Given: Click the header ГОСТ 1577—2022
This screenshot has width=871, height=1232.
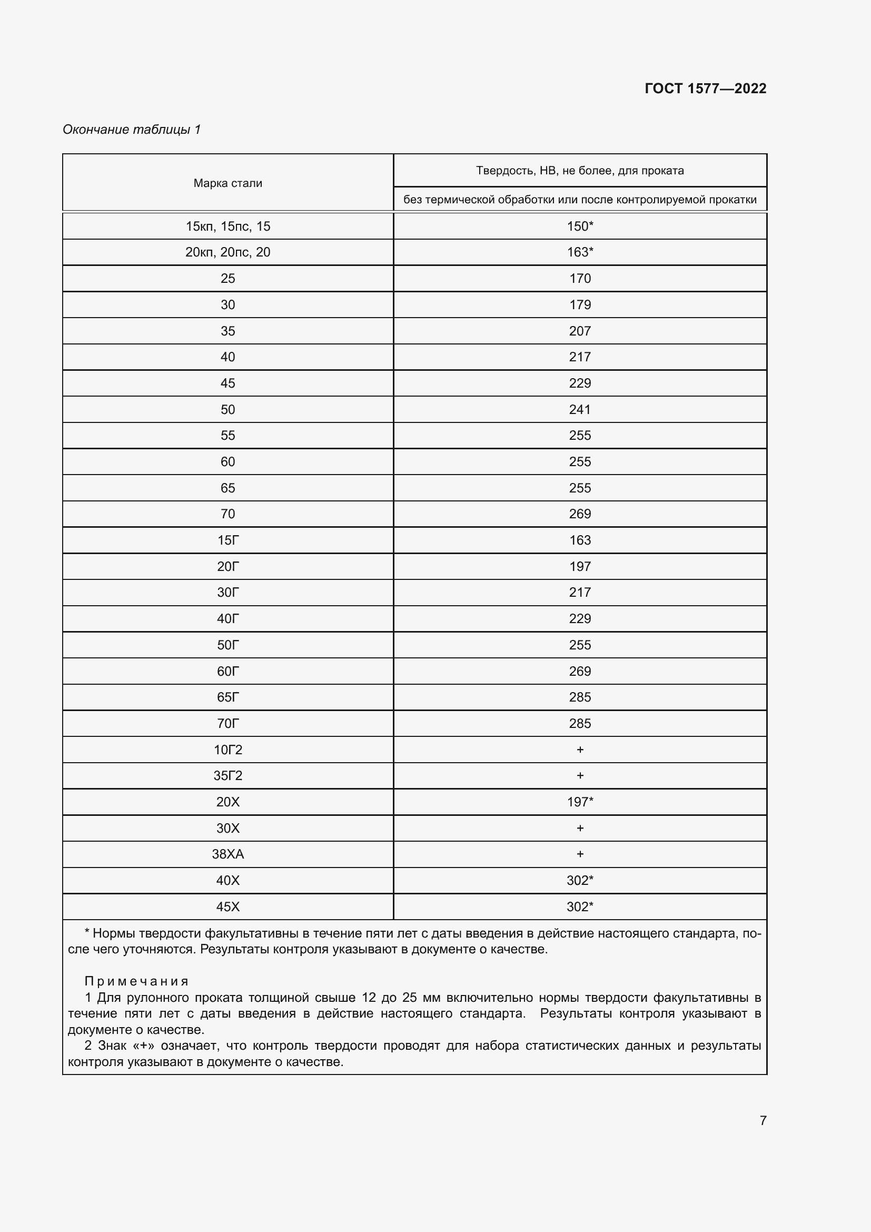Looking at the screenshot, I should [705, 88].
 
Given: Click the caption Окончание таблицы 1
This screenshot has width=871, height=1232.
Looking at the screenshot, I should [132, 130].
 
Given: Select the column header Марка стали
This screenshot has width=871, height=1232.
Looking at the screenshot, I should [227, 183].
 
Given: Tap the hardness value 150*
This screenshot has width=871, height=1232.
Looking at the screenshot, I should [580, 226].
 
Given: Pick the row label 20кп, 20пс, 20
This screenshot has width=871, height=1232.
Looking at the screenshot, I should [227, 252].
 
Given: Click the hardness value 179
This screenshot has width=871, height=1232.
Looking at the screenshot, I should [580, 305].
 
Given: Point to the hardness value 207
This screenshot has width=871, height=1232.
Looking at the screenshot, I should [580, 331].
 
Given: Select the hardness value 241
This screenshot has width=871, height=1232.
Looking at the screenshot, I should [580, 409].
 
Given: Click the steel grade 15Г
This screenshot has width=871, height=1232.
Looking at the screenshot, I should [227, 540].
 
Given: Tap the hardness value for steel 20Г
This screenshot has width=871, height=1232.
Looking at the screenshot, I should [580, 567].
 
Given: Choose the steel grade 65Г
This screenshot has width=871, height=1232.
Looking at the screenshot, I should [227, 697].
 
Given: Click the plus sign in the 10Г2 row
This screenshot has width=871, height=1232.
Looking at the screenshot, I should [580, 750].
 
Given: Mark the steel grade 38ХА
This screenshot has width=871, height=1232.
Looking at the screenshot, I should [227, 854].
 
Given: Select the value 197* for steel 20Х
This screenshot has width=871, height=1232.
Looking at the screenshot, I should [580, 802].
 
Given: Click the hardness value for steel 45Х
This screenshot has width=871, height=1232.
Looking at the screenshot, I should [580, 907].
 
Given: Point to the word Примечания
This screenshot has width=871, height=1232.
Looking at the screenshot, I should [137, 981].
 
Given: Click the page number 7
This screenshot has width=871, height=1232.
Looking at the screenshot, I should [763, 1120].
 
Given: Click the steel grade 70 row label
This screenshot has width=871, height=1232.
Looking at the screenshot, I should [227, 514].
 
